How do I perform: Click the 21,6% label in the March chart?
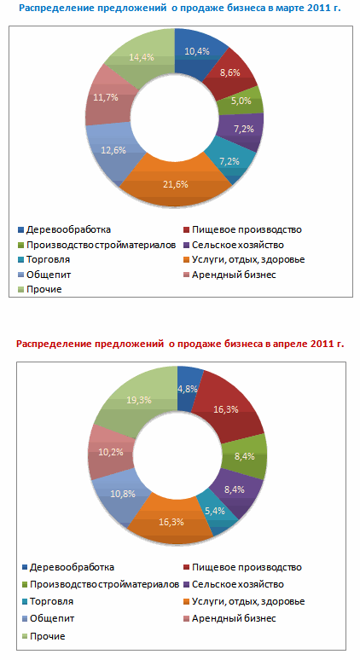(176, 184)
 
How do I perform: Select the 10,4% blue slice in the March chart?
(198, 53)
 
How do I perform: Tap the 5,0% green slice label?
(241, 101)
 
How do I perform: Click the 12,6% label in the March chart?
(113, 150)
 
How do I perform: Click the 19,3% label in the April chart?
(139, 400)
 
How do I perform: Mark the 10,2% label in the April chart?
(111, 452)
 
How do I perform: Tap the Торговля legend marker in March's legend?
(20, 260)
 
